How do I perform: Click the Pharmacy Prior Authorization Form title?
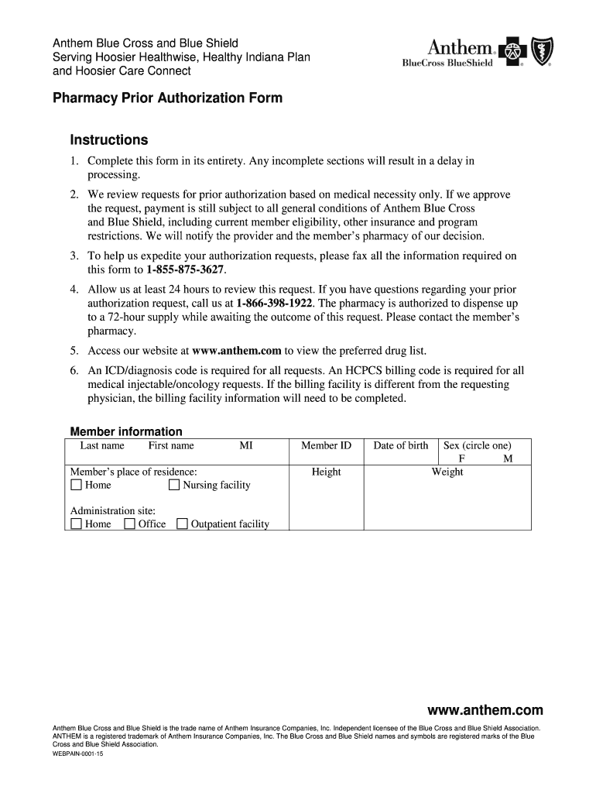click(167, 98)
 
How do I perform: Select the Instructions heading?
click(109, 140)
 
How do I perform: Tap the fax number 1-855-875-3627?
click(186, 270)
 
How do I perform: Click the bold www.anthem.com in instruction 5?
click(237, 350)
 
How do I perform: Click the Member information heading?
click(126, 431)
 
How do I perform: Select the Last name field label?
click(102, 445)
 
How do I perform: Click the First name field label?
click(171, 445)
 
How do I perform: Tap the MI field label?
click(246, 445)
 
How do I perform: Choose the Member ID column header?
click(326, 445)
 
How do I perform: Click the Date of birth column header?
click(400, 445)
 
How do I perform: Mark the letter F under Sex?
click(461, 458)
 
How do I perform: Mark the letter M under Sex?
click(508, 458)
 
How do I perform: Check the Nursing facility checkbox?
click(174, 486)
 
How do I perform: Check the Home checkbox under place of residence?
click(76, 486)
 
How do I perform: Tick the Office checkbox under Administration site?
click(130, 524)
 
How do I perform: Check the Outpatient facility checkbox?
click(182, 524)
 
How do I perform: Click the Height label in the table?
click(326, 472)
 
